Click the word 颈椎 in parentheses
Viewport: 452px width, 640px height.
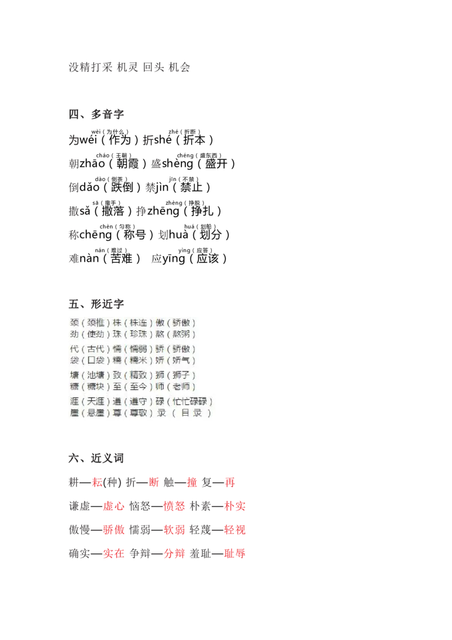pos(95,323)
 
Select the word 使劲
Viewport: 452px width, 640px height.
pos(95,334)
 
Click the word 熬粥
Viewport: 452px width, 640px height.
pos(182,334)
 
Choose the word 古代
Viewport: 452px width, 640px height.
pos(95,349)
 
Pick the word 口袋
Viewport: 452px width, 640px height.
pos(95,361)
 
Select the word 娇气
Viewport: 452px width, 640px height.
pos(182,361)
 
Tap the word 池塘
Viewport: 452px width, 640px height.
pos(95,375)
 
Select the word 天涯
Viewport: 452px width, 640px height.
pos(95,402)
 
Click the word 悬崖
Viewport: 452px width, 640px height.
pos(95,413)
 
